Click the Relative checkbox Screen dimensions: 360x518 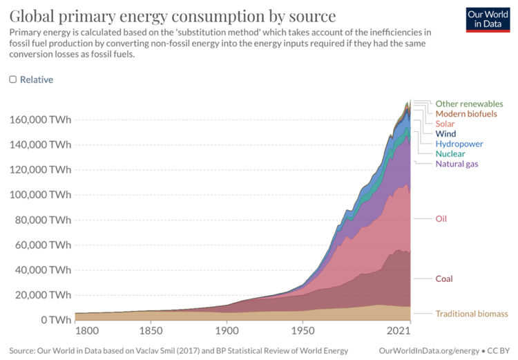pyautogui.click(x=13, y=79)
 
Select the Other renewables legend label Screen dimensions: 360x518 pyautogui.click(x=469, y=104)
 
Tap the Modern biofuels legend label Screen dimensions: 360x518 pyautogui.click(x=466, y=113)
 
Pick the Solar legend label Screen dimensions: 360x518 pyautogui.click(x=445, y=124)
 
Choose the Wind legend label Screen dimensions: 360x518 pyautogui.click(x=445, y=133)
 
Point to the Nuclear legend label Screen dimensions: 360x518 pyautogui.click(x=450, y=153)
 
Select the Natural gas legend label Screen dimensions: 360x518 pyautogui.click(x=457, y=164)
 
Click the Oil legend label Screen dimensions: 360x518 pyautogui.click(x=441, y=219)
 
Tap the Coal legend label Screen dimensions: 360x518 pyautogui.click(x=444, y=279)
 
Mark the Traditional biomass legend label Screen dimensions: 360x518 pyautogui.click(x=471, y=314)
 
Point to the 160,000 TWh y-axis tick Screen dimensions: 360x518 pyautogui.click(x=40, y=119)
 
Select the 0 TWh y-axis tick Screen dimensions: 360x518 pyautogui.click(x=55, y=320)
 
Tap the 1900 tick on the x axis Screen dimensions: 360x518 pyautogui.click(x=226, y=331)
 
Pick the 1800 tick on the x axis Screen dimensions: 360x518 pyautogui.click(x=86, y=331)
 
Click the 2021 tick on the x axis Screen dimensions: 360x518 pyautogui.click(x=400, y=331)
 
